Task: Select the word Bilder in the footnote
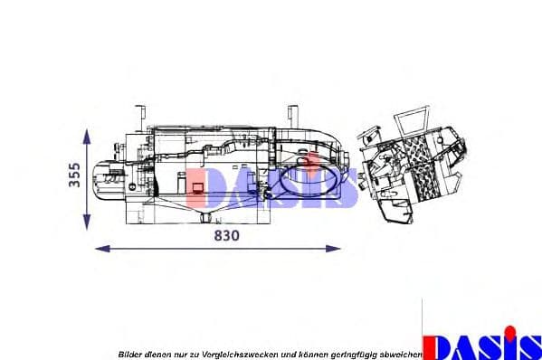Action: click(x=130, y=354)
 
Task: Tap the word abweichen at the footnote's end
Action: click(x=401, y=354)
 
